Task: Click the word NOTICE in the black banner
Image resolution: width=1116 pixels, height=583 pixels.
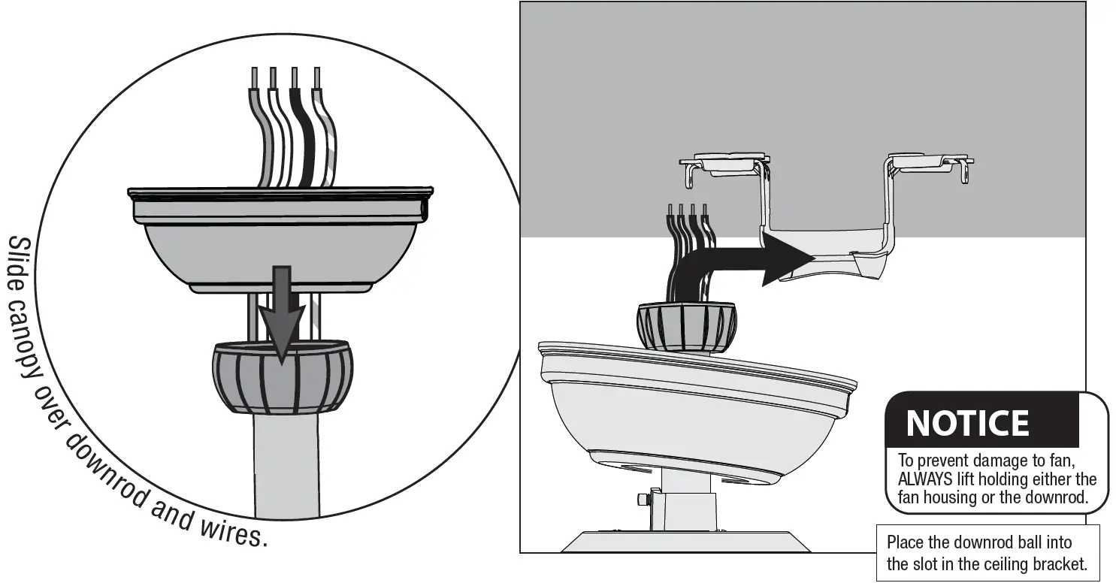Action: (967, 423)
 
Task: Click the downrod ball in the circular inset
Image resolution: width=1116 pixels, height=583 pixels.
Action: (282, 377)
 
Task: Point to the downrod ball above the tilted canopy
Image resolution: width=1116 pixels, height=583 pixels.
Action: (686, 327)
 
